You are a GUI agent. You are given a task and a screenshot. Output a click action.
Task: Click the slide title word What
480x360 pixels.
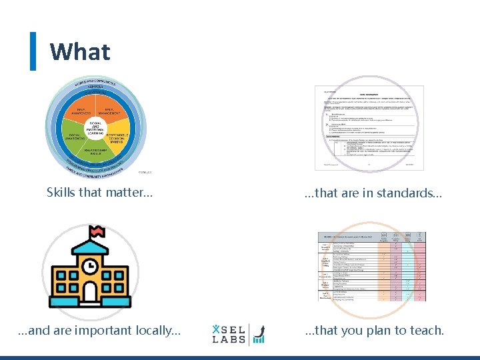coord(80,51)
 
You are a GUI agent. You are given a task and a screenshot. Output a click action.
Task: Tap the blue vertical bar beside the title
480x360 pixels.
coord(33,51)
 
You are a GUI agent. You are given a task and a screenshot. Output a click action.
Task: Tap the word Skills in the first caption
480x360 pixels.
coord(60,193)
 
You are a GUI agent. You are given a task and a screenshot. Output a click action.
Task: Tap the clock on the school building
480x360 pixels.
coord(89,265)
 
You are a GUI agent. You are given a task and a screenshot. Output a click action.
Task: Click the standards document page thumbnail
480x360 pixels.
coord(369,127)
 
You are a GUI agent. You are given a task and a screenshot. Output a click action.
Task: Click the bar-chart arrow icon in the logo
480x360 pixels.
coord(259,334)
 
